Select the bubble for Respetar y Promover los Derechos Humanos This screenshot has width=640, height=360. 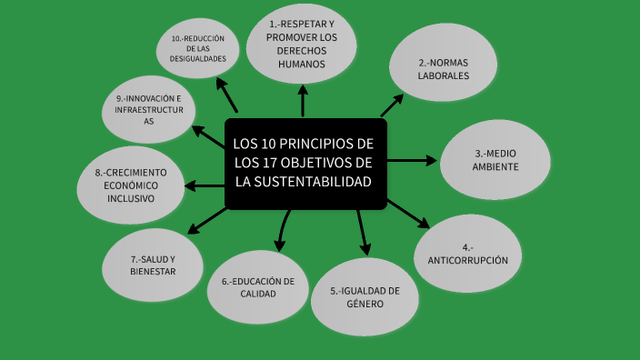tap(302, 44)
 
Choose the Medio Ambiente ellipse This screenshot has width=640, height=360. tap(496, 160)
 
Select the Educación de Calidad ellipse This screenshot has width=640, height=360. tap(257, 287)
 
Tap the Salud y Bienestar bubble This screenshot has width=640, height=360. tap(152, 265)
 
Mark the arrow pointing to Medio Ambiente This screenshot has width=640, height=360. tap(414, 160)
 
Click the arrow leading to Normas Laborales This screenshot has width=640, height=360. tap(393, 105)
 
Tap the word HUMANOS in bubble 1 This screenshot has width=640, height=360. tap(302, 65)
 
